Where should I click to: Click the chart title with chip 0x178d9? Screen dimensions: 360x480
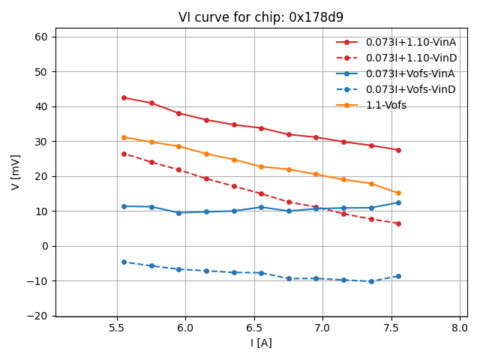(x=260, y=17)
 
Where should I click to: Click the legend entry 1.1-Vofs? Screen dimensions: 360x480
(x=386, y=106)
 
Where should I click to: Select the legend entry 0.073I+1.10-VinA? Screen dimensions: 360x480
(x=411, y=42)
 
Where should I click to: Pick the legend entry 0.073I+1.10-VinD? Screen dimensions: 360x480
(x=411, y=58)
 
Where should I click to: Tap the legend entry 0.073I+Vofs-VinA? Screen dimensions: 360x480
(x=411, y=73)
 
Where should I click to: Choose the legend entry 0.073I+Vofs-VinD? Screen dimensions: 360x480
(x=411, y=89)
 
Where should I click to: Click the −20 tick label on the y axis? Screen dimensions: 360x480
(x=38, y=316)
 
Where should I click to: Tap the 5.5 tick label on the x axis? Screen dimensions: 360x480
(x=117, y=328)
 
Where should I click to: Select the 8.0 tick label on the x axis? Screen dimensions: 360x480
(x=460, y=328)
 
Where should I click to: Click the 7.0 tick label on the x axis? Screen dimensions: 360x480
(x=322, y=328)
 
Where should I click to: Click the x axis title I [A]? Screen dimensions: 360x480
(x=261, y=343)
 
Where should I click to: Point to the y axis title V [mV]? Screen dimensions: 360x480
(x=16, y=172)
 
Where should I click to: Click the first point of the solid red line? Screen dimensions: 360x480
(x=124, y=97)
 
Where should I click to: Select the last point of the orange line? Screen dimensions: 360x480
(x=398, y=193)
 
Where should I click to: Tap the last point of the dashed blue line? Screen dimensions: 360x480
(x=398, y=276)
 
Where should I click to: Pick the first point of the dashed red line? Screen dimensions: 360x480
(x=124, y=154)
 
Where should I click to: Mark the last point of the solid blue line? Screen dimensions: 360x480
(x=398, y=202)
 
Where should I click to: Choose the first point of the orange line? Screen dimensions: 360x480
(x=124, y=137)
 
